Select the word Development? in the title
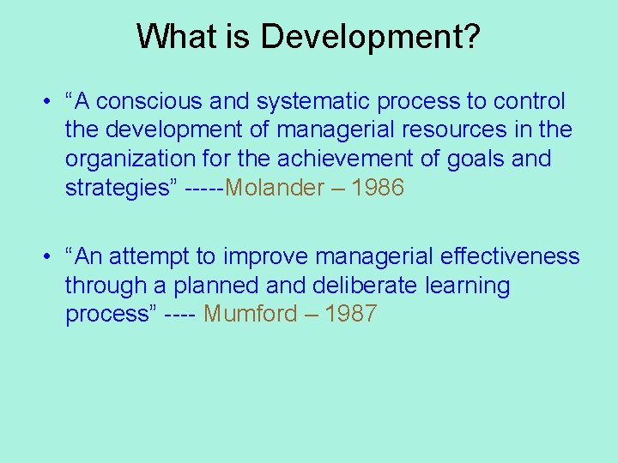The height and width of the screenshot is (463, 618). (373, 37)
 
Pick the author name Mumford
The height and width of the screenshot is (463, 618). (250, 314)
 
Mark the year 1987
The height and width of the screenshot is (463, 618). (350, 314)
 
